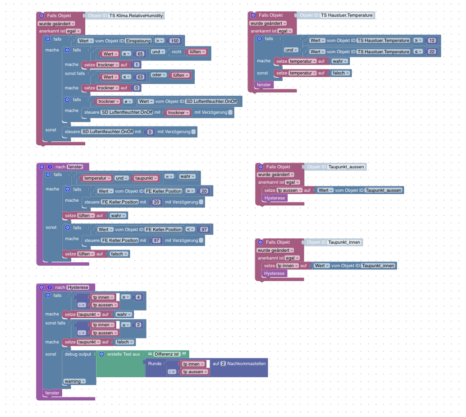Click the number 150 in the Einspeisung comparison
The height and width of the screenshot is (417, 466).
(175, 41)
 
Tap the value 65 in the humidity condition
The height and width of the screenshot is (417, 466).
(140, 54)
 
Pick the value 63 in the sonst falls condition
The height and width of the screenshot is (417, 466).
(140, 77)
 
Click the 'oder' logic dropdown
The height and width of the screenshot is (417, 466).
(159, 75)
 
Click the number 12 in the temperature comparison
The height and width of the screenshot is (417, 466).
(432, 41)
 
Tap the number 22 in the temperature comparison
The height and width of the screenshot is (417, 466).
(432, 52)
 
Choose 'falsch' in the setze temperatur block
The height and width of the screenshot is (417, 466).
(341, 73)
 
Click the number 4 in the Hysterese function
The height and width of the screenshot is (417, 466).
(138, 297)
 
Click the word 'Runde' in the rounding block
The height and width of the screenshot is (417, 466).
(155, 364)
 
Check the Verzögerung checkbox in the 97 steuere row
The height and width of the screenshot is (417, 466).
(201, 241)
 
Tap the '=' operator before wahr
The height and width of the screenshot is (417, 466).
(169, 176)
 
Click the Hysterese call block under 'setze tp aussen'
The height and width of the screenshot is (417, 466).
(274, 198)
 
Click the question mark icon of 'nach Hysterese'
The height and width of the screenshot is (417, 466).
(50, 287)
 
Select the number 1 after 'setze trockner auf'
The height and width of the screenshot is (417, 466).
(137, 65)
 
